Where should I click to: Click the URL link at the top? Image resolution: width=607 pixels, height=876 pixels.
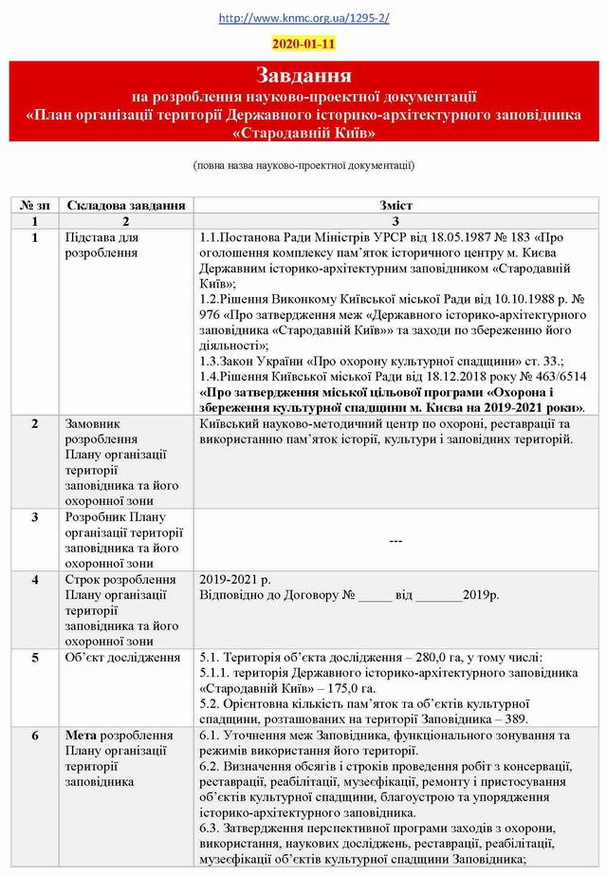point(303,18)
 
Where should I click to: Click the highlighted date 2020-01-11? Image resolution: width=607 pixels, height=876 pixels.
point(303,44)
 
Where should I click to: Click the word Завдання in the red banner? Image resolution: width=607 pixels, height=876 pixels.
point(303,75)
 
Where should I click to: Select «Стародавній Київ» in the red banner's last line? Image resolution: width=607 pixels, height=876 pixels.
point(303,131)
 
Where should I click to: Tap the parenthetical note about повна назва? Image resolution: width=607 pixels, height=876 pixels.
point(303,164)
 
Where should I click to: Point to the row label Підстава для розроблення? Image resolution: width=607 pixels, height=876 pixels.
point(101,244)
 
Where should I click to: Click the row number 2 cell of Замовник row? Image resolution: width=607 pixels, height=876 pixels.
point(34,422)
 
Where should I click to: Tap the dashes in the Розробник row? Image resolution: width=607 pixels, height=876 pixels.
point(395,540)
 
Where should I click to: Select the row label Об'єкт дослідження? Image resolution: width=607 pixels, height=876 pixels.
point(122,657)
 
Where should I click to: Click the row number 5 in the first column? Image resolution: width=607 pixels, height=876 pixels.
point(34,657)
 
